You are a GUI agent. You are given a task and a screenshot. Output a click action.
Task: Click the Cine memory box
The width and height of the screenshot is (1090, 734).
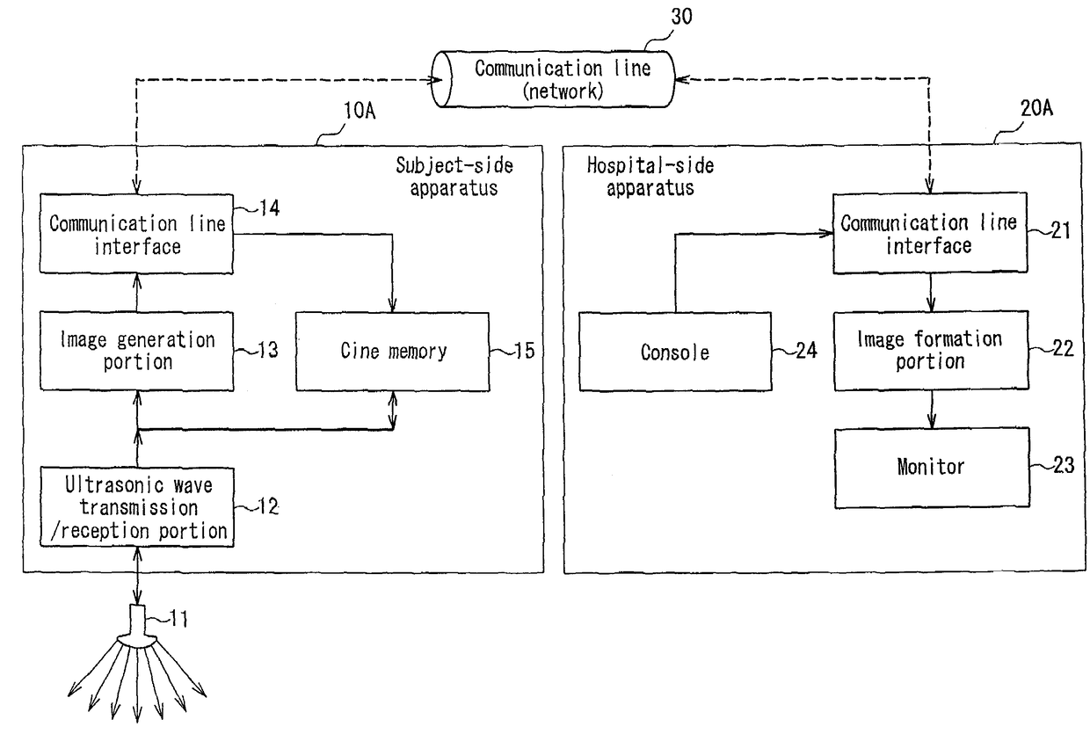[x=393, y=352]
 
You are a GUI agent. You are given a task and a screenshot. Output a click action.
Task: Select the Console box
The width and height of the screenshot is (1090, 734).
[x=675, y=352]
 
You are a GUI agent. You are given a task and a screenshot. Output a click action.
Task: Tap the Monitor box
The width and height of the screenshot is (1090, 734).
[x=932, y=468]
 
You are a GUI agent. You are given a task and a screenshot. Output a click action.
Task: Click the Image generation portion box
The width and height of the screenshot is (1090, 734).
[x=137, y=351]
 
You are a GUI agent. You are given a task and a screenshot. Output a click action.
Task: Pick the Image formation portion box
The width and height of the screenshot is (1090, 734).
[x=932, y=351]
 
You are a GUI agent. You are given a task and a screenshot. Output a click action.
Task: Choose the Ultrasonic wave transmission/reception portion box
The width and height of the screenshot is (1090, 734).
[x=137, y=507]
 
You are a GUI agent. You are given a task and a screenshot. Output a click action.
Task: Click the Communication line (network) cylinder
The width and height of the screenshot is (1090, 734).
[x=553, y=79]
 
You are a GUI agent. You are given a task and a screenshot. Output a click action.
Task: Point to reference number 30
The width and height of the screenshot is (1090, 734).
[x=682, y=17]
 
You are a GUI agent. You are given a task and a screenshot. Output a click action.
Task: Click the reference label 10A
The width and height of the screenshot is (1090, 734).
[x=360, y=111]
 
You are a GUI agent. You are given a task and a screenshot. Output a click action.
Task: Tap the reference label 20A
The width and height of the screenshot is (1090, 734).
[x=1036, y=108]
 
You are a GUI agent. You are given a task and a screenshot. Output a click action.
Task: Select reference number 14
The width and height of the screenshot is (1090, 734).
[x=269, y=208]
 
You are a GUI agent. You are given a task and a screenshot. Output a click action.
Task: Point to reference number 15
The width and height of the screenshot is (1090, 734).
[x=524, y=351]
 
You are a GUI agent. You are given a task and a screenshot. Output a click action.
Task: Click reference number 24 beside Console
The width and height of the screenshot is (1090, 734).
[x=806, y=351]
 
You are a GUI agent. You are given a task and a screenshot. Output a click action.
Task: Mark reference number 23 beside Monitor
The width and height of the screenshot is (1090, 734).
[x=1064, y=465]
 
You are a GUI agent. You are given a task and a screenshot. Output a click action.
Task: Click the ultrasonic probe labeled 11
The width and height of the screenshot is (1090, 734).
[x=137, y=627]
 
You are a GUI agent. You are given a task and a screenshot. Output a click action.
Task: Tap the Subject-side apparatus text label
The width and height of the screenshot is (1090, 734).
[x=454, y=177]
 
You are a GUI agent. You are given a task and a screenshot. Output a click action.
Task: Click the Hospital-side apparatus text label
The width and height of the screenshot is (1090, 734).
[x=650, y=177]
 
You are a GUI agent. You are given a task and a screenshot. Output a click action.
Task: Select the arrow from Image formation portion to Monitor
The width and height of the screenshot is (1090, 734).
[x=932, y=410]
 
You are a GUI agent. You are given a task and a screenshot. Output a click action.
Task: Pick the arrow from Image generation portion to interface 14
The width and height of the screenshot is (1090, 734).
[x=137, y=293]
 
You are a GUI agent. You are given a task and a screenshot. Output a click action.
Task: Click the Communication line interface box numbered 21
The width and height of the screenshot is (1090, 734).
[x=930, y=233]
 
